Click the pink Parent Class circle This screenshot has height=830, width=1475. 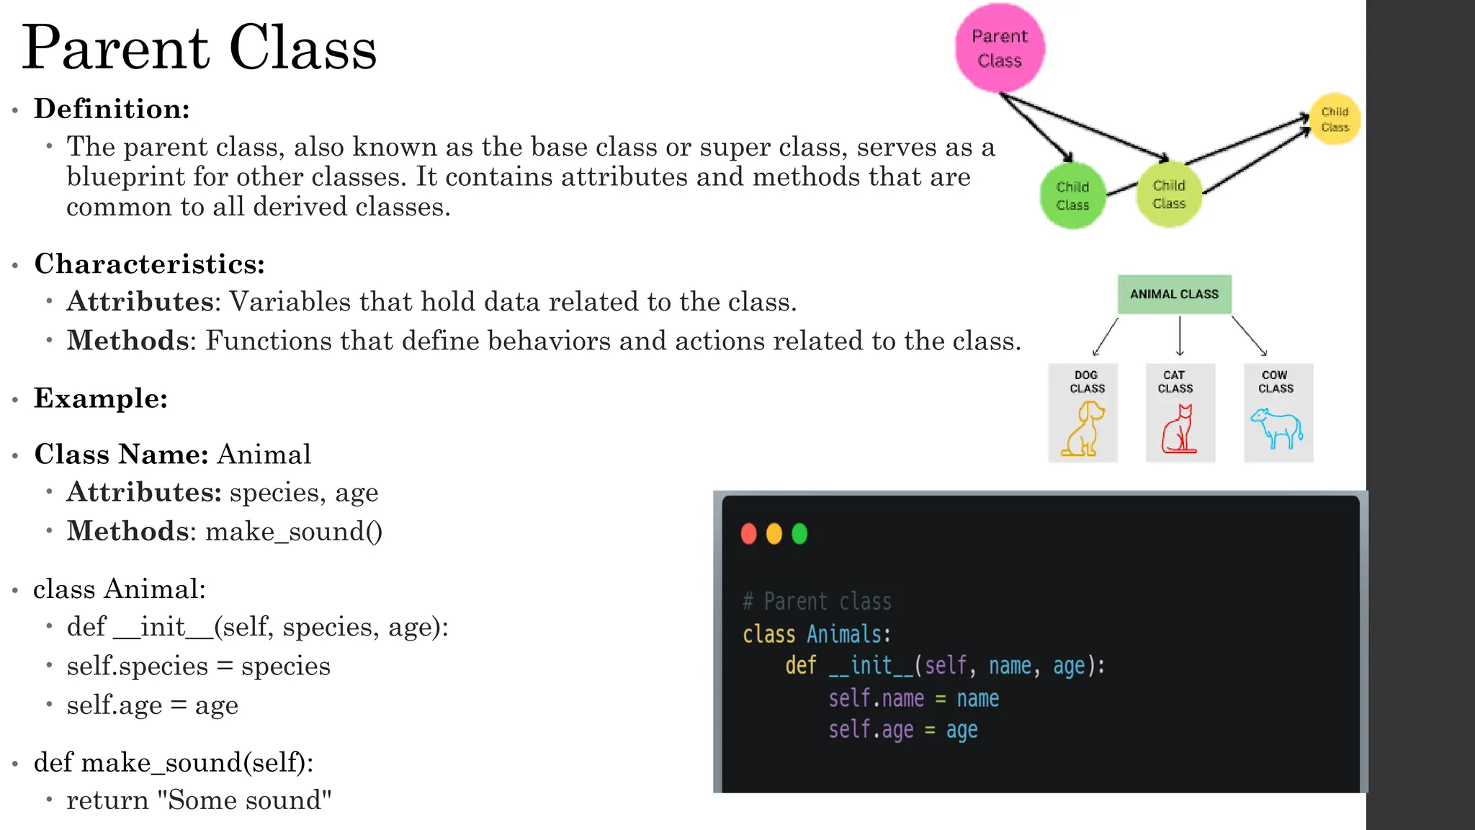pos(1000,48)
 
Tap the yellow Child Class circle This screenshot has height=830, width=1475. pos(1335,119)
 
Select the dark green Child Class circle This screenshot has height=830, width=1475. pos(1072,196)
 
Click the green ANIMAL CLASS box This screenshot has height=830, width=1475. pos(1174,294)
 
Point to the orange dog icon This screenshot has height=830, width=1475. pos(1083,429)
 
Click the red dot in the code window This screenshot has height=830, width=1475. pos(749,534)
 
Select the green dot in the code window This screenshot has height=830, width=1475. pos(799,534)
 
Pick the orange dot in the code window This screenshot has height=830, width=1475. pos(774,534)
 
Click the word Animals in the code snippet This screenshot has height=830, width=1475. pos(844,634)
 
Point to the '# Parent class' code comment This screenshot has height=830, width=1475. pos(817,601)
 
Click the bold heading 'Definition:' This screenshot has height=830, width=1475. pos(112,109)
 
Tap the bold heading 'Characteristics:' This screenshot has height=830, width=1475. pos(150,264)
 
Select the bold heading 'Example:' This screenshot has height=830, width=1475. pos(101,398)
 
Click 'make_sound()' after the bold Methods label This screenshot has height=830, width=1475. pos(294,531)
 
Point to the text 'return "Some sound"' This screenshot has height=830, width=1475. pos(199,800)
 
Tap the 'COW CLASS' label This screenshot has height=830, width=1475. pos(1276,381)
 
